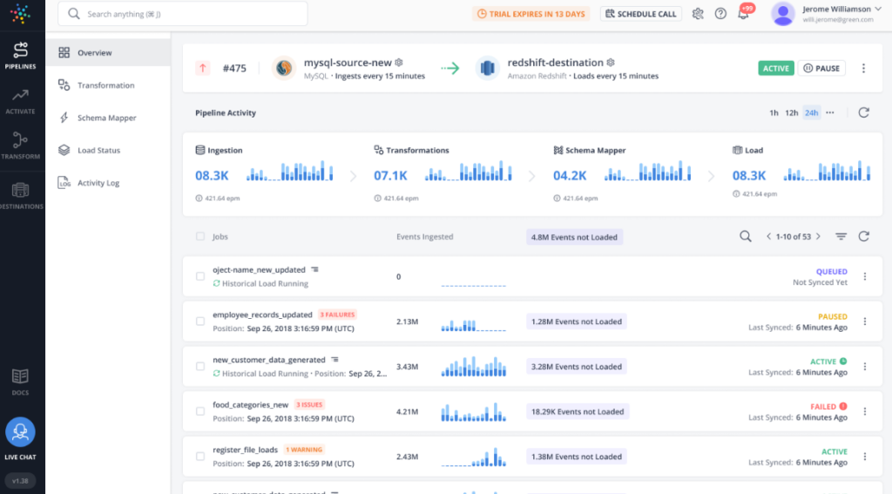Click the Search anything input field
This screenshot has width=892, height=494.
click(183, 14)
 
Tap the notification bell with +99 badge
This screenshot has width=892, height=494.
click(743, 14)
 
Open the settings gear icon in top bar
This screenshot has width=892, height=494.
click(698, 14)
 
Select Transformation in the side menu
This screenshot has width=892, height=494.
click(105, 85)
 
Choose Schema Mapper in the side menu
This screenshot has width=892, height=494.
click(106, 118)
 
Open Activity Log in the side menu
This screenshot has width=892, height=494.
click(98, 183)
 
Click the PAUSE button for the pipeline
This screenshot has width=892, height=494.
click(821, 68)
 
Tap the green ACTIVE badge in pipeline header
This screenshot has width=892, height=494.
click(775, 68)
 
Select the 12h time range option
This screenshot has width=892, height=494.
click(791, 112)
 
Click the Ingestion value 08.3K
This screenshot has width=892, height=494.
click(212, 176)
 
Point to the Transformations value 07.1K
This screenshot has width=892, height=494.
click(391, 176)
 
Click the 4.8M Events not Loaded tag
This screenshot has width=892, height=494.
click(574, 237)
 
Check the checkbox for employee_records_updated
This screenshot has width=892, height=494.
click(200, 321)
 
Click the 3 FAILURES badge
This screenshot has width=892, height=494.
click(337, 315)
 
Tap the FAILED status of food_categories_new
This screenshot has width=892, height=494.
click(823, 406)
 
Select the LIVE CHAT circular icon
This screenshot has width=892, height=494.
click(20, 432)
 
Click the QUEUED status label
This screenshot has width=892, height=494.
click(831, 272)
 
